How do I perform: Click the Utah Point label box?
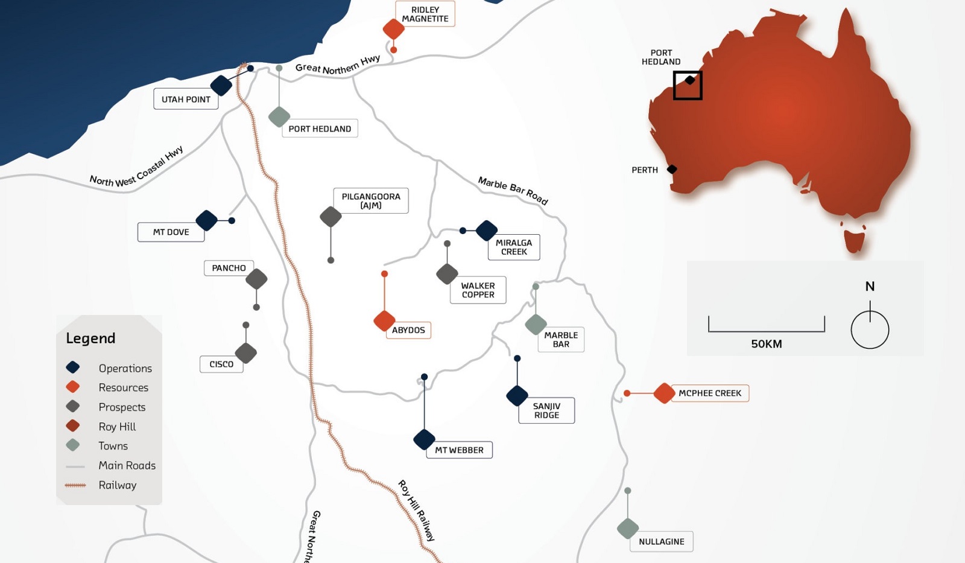[186, 99]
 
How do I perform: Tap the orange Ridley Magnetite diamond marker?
[393, 28]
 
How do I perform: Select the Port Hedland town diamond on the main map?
[279, 116]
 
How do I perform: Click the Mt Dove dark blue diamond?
[206, 220]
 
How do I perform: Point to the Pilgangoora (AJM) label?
[371, 200]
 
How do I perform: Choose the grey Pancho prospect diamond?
[256, 279]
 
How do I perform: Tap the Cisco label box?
[221, 364]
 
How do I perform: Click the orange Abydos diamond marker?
[384, 320]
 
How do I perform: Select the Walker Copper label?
[478, 290]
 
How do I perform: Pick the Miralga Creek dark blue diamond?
[486, 230]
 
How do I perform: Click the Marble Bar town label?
[561, 339]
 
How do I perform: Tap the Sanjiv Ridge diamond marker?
[517, 395]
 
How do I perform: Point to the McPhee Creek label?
[710, 393]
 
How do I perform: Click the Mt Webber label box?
[459, 450]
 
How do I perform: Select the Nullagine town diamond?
[628, 529]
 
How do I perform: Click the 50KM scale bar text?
[766, 344]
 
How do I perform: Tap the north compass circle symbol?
[870, 329]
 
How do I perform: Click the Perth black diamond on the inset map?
[672, 170]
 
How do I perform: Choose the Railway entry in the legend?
[117, 485]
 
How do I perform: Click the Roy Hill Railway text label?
[416, 511]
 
